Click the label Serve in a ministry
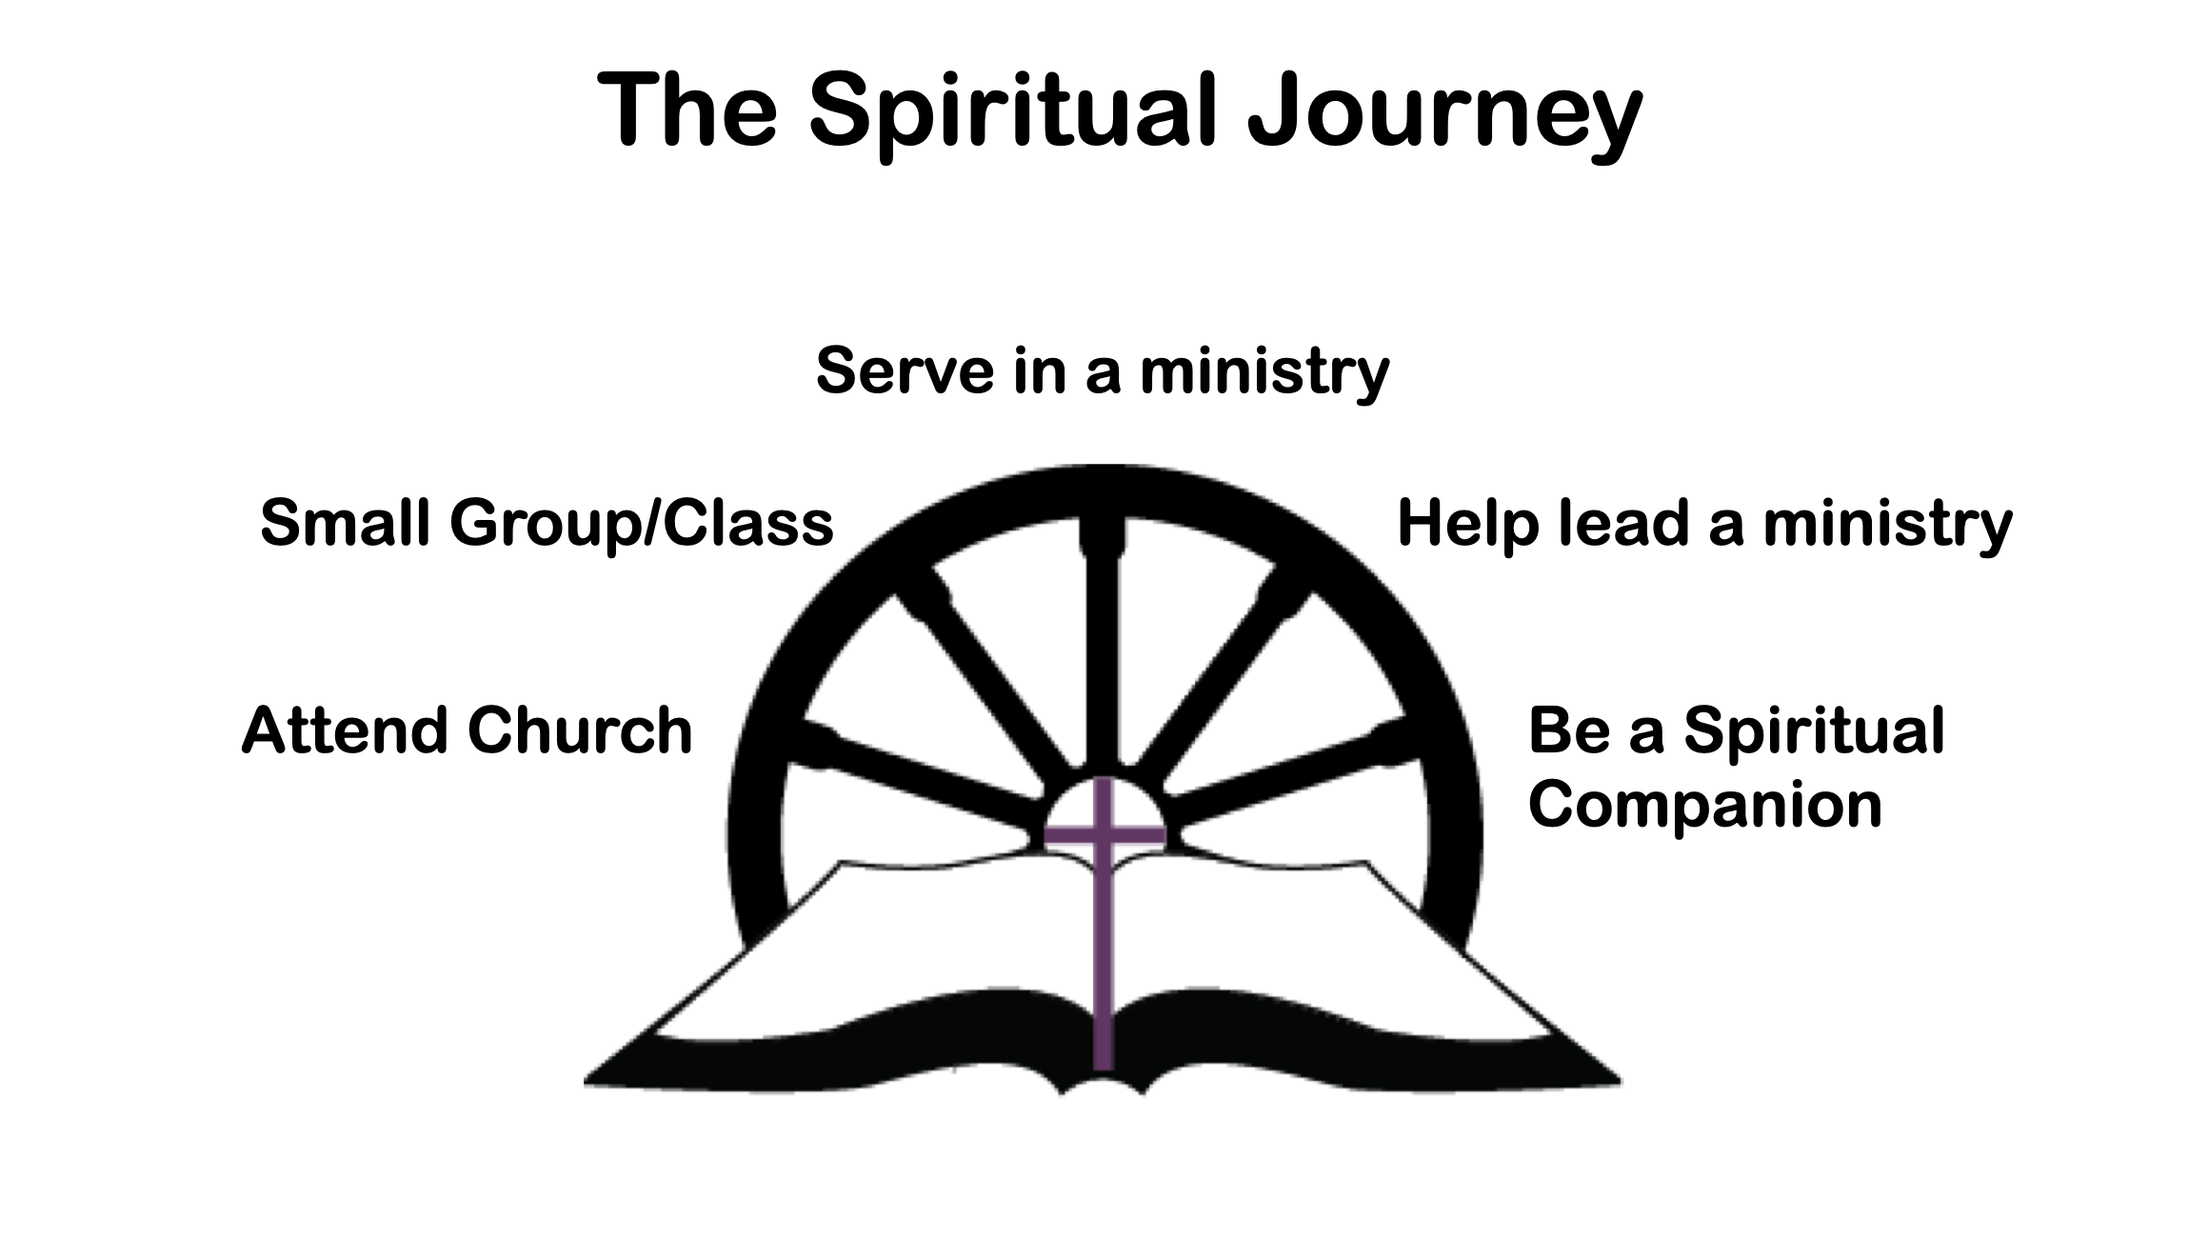pos(1103,371)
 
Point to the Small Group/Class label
pos(547,524)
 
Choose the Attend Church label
pos(467,730)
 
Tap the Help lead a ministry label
pos(1704,524)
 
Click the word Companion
pos(1705,805)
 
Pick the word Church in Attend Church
pos(580,730)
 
